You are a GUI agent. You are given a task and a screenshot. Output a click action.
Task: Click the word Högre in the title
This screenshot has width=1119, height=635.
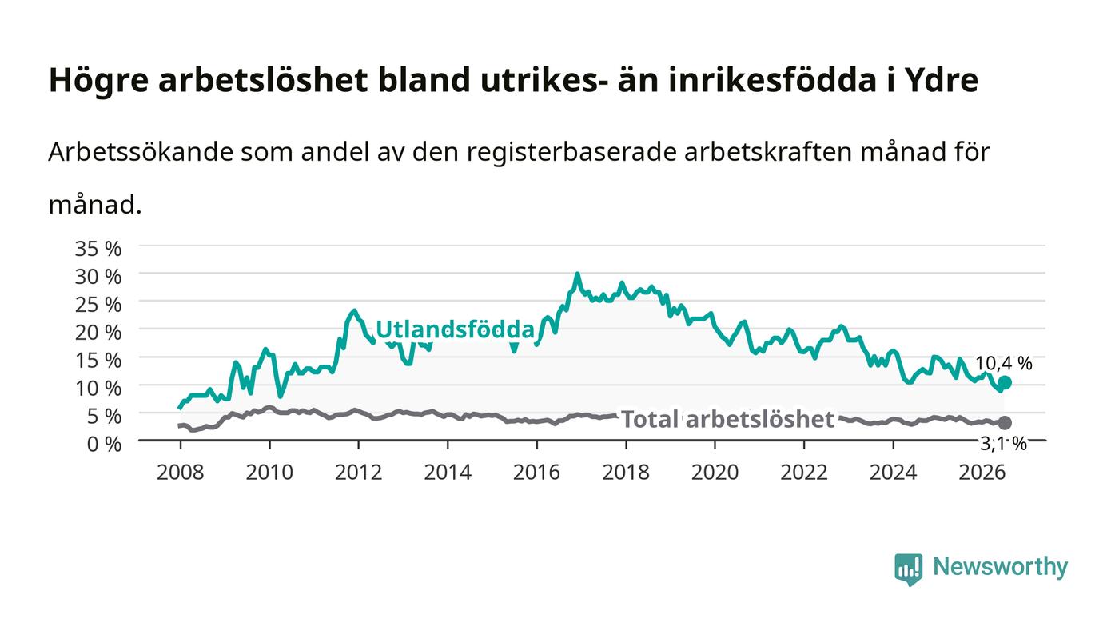[x=98, y=81]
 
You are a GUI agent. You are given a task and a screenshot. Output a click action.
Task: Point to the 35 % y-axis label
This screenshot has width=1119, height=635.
[x=98, y=249]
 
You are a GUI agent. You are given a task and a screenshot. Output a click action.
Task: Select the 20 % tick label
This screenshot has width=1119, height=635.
[x=98, y=333]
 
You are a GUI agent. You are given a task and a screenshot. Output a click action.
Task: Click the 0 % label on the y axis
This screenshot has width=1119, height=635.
[x=105, y=444]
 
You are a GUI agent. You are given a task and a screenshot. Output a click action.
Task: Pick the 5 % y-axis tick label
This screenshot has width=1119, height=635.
[x=105, y=416]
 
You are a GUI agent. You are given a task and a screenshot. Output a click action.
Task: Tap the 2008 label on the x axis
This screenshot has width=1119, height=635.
[x=181, y=473]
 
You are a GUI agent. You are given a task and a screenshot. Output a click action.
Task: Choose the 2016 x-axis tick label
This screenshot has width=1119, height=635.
[x=536, y=473]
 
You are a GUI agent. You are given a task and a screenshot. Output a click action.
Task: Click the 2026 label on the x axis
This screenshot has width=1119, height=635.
[x=982, y=473]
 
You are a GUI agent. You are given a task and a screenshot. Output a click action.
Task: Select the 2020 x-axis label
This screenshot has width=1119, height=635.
[x=715, y=473]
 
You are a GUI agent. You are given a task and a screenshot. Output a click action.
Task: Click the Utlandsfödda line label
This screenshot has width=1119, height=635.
[x=455, y=329]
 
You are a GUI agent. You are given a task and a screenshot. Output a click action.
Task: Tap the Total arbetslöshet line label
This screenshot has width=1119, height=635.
[x=728, y=419]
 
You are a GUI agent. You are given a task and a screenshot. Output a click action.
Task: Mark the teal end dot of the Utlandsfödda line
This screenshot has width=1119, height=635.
[x=1005, y=382]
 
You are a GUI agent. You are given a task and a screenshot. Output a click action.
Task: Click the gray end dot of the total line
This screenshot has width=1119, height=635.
[x=1005, y=423]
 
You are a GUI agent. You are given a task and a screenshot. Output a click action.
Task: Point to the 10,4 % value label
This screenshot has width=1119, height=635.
[x=1004, y=364]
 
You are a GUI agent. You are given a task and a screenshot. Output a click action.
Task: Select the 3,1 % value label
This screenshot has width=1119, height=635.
[x=1004, y=444]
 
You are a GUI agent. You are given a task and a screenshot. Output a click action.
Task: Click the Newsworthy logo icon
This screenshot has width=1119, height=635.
[x=909, y=569]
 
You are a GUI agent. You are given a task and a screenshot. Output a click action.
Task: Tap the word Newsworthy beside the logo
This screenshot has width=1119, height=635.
[x=1001, y=567]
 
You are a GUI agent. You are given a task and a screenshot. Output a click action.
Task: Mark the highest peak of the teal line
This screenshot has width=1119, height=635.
[x=577, y=274]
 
